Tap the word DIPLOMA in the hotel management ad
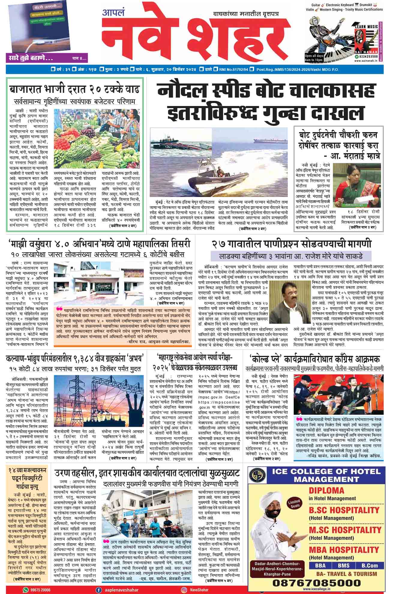(326, 491)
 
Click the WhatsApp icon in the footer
(25, 589)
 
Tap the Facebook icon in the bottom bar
(98, 589)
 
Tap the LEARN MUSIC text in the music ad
(366, 27)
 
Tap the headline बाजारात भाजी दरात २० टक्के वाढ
(74, 89)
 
